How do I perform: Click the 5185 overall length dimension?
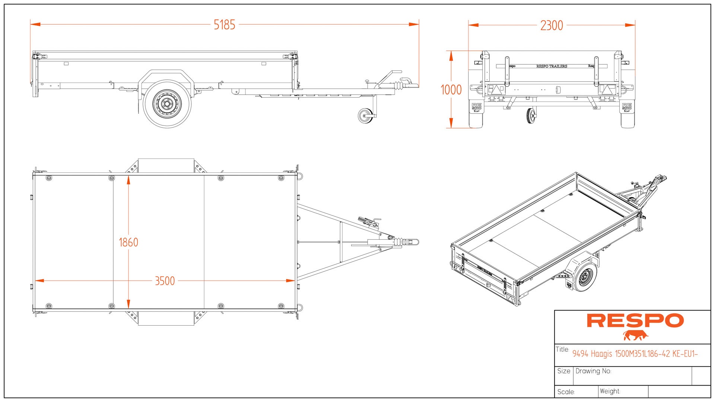pos(224,25)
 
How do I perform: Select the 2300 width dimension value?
pos(552,26)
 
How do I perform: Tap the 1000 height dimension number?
pos(451,90)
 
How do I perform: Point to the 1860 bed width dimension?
pos(128,242)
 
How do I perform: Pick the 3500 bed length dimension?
pos(165,281)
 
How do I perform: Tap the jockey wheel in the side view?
pos(365,116)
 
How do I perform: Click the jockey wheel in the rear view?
pos(531,116)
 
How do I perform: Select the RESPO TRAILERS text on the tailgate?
pos(552,66)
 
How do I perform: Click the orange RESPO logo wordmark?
pos(635,320)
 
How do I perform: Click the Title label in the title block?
pos(562,349)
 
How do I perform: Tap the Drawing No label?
pos(593,371)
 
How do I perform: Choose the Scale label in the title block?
pos(566,392)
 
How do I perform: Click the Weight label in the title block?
pos(610,391)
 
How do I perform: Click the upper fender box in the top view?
pos(166,166)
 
